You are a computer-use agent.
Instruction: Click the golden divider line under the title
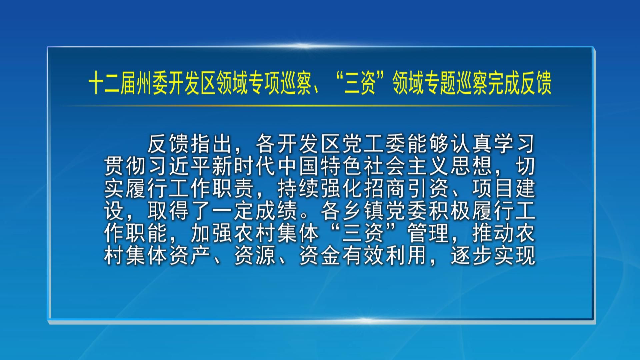tap(320, 106)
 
